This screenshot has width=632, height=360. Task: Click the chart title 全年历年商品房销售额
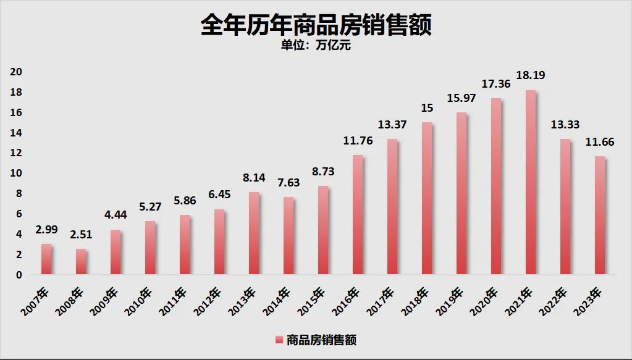(x=316, y=26)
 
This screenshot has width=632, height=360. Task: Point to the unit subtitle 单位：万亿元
(x=316, y=46)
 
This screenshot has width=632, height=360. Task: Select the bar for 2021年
(x=531, y=183)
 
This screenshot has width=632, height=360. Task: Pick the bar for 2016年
(x=358, y=215)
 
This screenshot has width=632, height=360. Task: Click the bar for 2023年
(x=600, y=216)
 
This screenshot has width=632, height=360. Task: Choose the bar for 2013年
(x=254, y=233)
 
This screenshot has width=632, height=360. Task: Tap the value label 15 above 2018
(x=427, y=107)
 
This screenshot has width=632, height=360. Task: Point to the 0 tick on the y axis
(x=19, y=275)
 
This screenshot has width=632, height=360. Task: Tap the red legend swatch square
(x=278, y=340)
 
